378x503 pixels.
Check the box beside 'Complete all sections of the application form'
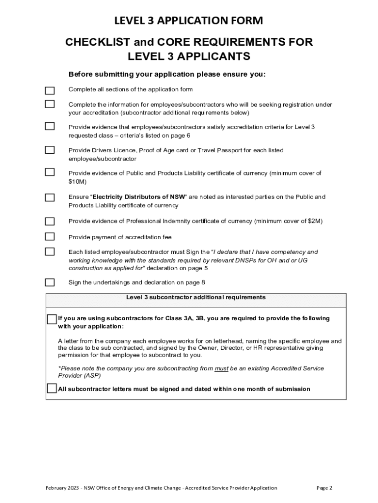point(50,90)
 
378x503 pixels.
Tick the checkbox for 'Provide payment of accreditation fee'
point(50,236)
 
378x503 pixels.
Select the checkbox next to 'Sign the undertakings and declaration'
point(50,282)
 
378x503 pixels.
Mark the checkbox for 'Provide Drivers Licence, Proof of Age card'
point(50,150)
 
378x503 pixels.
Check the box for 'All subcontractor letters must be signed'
point(52,389)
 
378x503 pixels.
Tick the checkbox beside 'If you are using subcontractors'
point(52,319)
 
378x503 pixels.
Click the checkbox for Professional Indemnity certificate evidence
point(50,221)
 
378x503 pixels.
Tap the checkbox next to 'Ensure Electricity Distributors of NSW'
point(50,197)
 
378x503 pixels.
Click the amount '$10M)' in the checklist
point(77,182)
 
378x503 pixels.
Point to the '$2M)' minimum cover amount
point(315,221)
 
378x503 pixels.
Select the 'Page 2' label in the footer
point(324,488)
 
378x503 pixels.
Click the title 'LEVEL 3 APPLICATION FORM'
point(189,21)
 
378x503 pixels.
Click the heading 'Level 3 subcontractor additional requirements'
point(196,297)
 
